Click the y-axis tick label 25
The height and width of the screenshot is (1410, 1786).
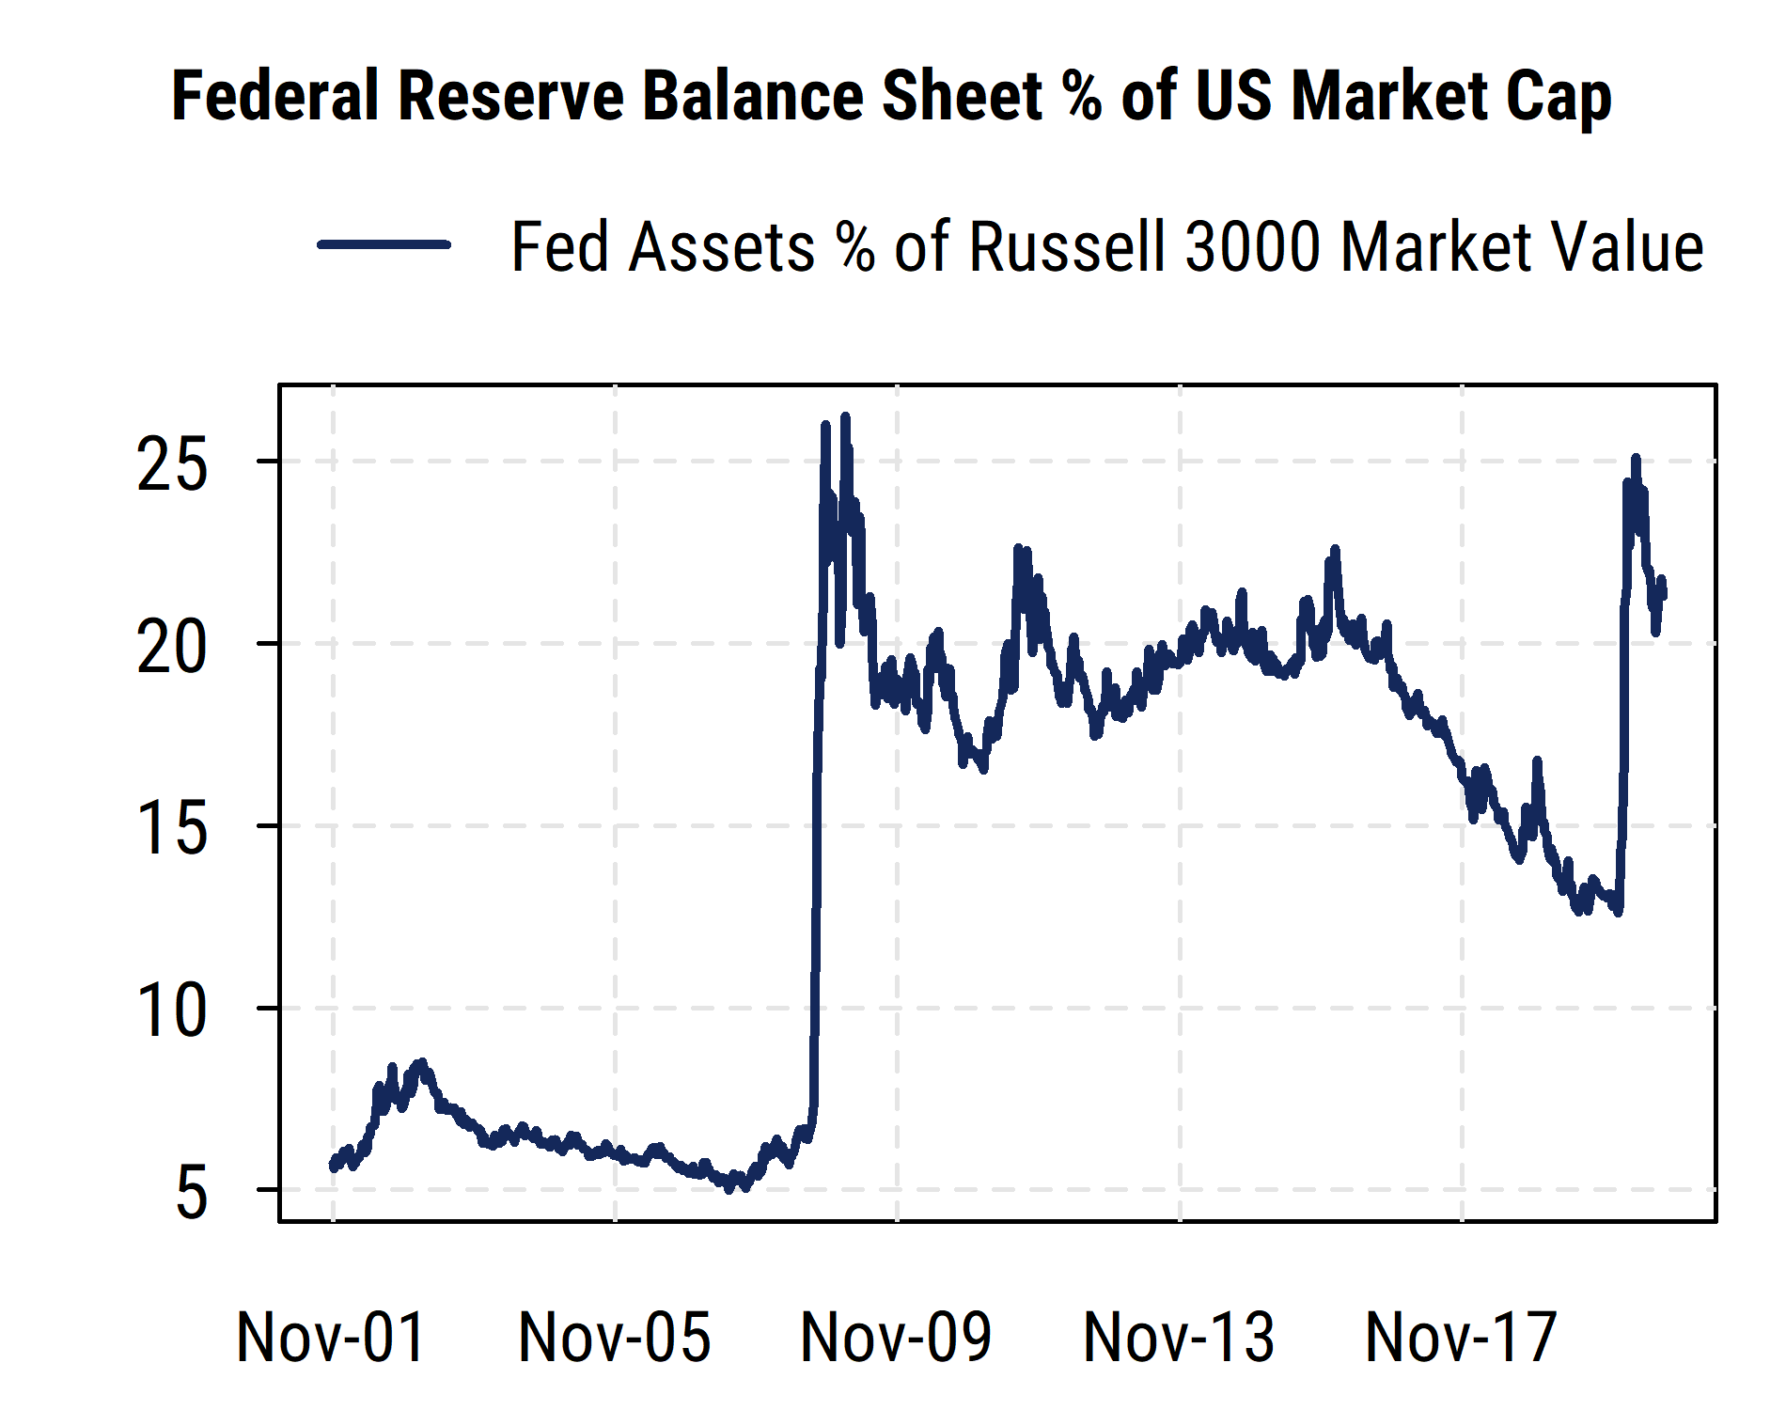[171, 465]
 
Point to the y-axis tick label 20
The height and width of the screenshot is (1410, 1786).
[171, 648]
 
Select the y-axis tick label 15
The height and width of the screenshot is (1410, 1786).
[171, 830]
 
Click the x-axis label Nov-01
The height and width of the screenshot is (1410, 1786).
[332, 1337]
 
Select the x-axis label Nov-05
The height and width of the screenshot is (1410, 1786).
[614, 1337]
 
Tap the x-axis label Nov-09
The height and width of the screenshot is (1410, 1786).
[896, 1337]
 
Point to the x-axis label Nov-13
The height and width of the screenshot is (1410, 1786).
[1179, 1337]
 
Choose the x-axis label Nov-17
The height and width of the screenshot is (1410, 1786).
[1461, 1337]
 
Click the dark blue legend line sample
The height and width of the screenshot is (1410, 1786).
[384, 244]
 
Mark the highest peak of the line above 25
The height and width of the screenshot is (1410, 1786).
[845, 416]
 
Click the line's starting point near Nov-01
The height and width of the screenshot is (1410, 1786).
[332, 1167]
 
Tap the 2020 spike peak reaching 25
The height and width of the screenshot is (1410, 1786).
[1637, 459]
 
